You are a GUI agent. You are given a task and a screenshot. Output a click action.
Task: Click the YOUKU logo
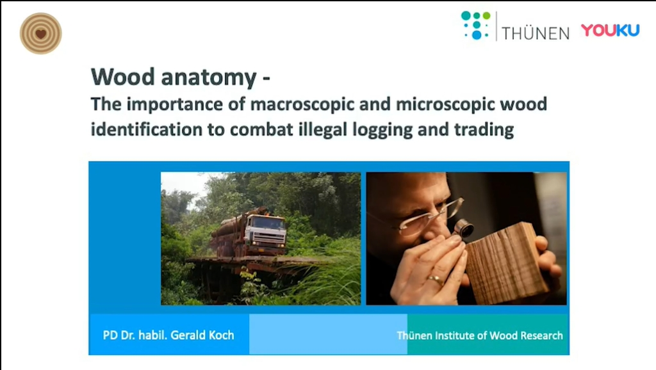coord(611,30)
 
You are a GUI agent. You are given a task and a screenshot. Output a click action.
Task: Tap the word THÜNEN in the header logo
coord(536,33)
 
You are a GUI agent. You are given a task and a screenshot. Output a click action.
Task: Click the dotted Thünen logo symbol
coord(476,26)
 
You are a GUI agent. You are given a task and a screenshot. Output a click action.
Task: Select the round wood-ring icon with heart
coord(40,33)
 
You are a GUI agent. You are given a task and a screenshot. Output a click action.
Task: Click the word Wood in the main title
coord(123,77)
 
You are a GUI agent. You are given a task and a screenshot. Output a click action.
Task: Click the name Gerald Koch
coord(202,335)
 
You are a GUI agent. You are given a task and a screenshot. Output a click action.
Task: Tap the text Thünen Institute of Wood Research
coord(480,335)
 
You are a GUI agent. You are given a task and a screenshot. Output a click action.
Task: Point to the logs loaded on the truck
coord(229,237)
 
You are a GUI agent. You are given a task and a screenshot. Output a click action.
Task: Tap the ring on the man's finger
coord(435,279)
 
